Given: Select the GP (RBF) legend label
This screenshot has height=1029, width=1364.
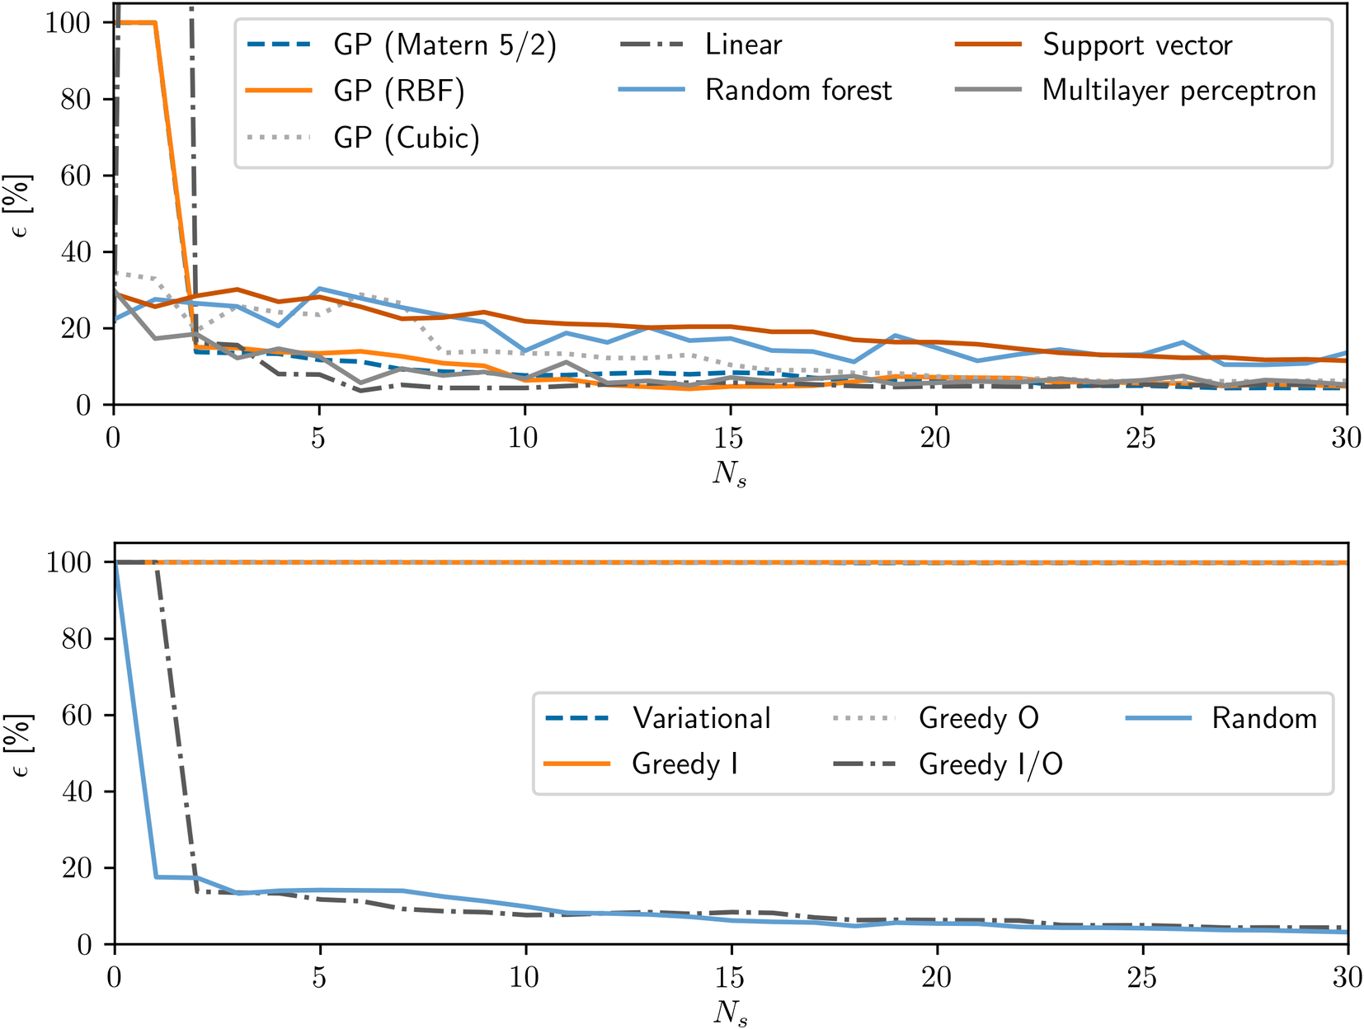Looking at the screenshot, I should (399, 90).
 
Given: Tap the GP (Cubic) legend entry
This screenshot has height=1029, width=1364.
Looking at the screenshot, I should (407, 137).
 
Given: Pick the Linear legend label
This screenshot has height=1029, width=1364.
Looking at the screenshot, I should (743, 45).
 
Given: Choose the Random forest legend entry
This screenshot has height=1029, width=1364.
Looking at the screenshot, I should (798, 90).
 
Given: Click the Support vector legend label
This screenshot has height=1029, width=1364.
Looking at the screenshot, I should (1137, 45).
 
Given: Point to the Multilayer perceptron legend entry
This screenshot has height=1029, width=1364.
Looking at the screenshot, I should (1179, 90).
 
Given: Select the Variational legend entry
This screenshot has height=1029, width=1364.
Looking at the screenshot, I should (702, 718).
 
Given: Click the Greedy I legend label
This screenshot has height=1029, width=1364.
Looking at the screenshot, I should (684, 764).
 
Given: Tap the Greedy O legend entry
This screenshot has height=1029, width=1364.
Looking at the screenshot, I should (979, 718).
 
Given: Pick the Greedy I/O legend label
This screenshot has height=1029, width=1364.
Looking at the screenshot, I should (990, 764).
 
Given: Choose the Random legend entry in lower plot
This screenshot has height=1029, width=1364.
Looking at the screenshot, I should (1264, 718).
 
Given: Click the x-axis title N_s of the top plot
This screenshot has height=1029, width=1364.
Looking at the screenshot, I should (730, 474).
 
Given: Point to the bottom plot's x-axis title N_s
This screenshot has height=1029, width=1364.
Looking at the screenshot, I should (730, 1013).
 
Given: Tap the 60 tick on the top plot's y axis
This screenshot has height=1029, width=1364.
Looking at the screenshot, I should (76, 176).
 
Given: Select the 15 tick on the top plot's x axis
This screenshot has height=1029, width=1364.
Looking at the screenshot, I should (729, 437).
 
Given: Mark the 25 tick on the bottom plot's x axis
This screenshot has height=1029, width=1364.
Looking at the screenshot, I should (1141, 977).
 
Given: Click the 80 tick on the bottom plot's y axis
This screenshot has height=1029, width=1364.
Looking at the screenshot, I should (76, 638).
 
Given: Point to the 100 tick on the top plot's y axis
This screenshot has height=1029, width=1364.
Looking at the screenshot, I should (68, 22).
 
